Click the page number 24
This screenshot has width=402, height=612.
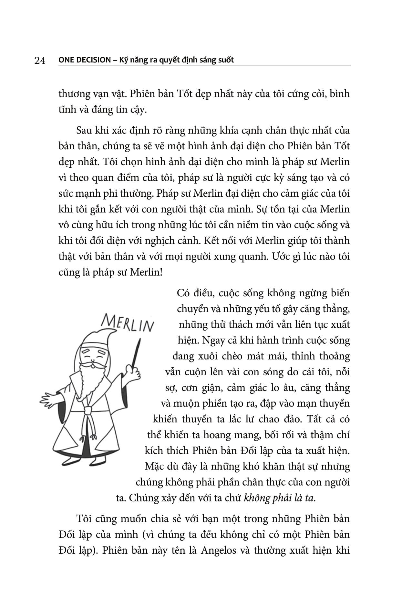(39, 60)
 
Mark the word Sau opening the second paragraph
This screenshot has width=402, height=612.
(84, 131)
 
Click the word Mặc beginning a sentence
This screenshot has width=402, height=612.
(155, 467)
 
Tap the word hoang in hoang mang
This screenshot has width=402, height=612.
(219, 435)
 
